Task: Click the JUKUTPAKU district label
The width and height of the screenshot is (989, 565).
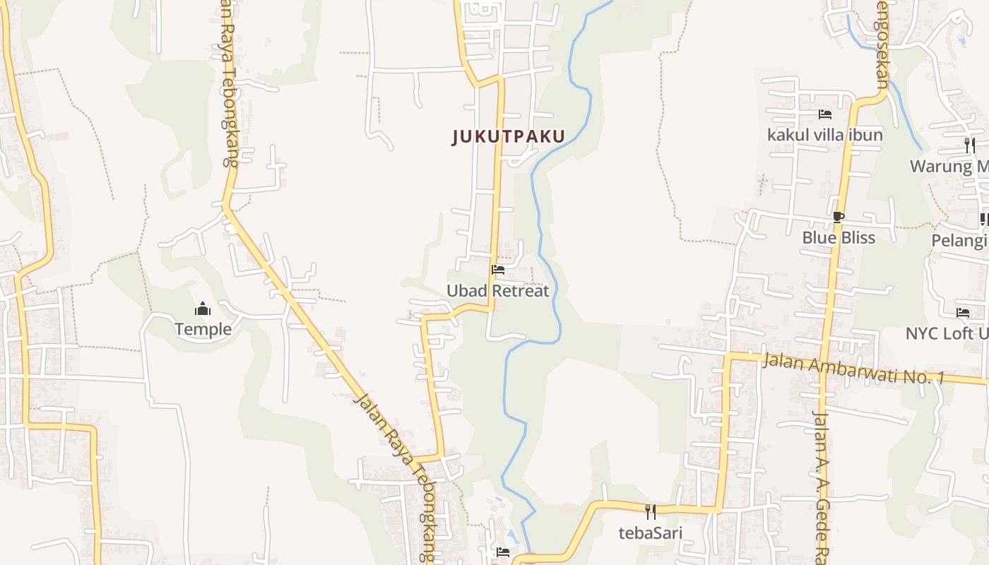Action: [509, 136]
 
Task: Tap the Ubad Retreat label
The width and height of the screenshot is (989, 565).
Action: [497, 290]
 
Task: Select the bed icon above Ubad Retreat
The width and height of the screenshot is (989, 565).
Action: [498, 269]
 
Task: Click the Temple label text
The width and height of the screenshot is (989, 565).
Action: [203, 329]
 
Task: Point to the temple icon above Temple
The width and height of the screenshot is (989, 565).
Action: [203, 309]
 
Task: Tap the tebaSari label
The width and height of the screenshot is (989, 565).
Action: [651, 533]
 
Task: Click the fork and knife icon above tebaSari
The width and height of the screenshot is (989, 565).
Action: [651, 511]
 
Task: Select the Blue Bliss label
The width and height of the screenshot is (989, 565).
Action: [839, 238]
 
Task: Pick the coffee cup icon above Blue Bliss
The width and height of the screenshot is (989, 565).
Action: [839, 217]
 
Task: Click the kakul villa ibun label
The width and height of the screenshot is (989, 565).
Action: [825, 135]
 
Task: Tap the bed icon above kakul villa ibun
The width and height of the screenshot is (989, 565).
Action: [824, 114]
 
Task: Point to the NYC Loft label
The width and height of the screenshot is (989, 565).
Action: [947, 333]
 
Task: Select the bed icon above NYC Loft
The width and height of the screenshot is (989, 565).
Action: [962, 312]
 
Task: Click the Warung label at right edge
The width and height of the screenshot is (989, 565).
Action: [949, 167]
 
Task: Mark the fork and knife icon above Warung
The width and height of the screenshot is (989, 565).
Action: [969, 145]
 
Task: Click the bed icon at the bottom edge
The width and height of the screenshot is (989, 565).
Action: [503, 552]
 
